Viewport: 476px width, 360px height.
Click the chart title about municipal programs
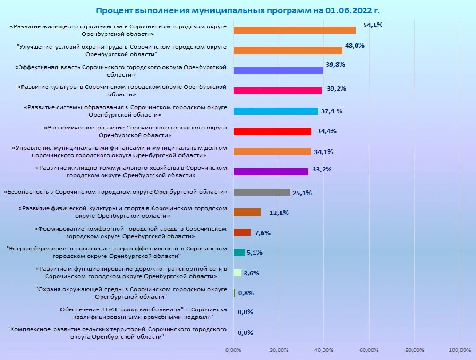click(x=238, y=10)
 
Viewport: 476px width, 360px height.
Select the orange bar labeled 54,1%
click(x=294, y=30)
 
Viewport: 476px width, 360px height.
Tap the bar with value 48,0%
click(x=288, y=51)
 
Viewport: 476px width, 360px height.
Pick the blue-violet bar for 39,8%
click(x=278, y=70)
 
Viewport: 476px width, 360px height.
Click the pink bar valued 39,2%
click(x=278, y=91)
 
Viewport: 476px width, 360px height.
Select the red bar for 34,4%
click(x=272, y=131)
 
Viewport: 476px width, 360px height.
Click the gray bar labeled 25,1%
click(x=262, y=192)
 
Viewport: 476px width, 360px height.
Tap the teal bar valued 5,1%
click(x=239, y=252)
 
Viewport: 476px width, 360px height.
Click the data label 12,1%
click(x=279, y=213)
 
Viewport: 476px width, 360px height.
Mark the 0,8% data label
click(x=246, y=293)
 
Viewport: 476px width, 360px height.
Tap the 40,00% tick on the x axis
click(x=323, y=350)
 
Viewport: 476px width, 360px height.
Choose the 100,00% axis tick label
click(x=459, y=350)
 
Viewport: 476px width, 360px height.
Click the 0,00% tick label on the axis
click(x=233, y=350)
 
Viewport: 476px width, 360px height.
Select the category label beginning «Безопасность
click(x=116, y=192)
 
